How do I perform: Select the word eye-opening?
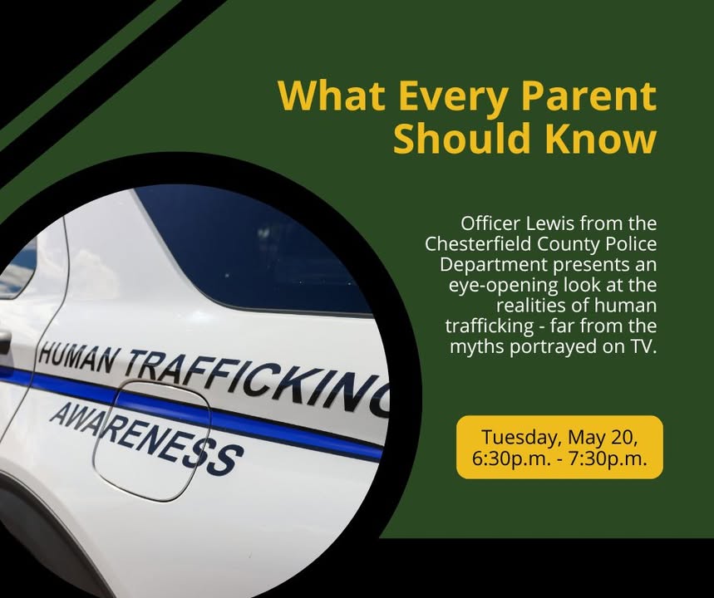click(x=503, y=287)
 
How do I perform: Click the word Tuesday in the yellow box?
click(x=518, y=438)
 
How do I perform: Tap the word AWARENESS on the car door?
click(x=145, y=439)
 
